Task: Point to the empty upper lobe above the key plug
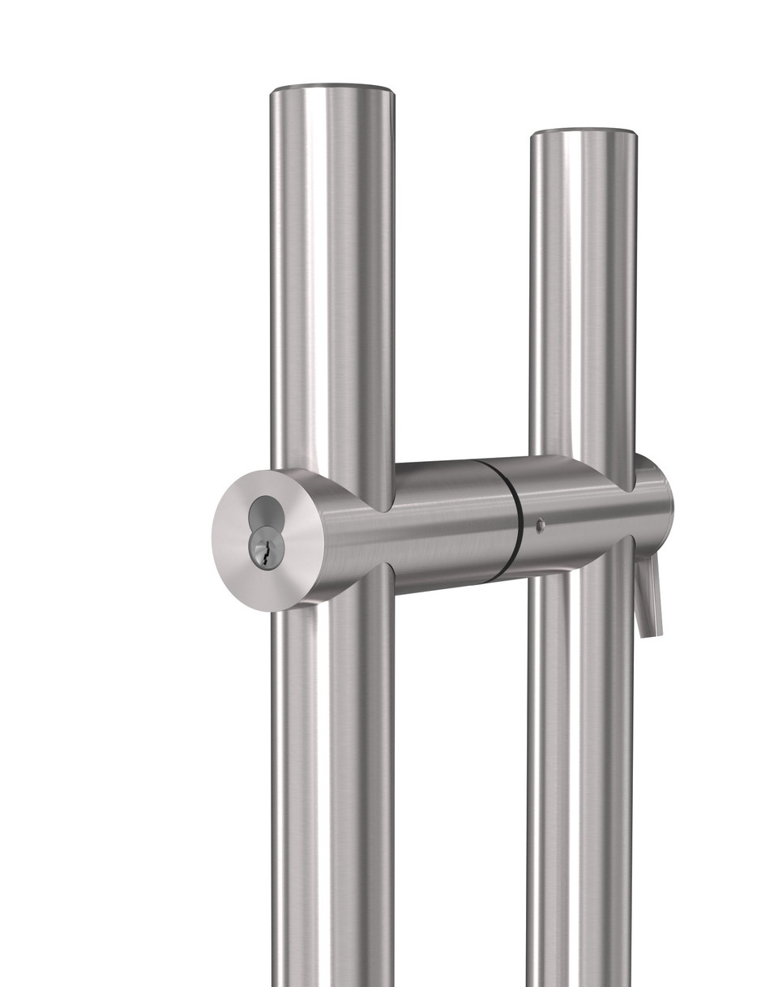pyautogui.click(x=263, y=514)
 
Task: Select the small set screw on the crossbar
pyautogui.click(x=540, y=525)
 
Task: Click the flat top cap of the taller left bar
pyautogui.click(x=332, y=87)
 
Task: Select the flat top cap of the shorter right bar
pyautogui.click(x=583, y=132)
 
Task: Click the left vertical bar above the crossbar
pyautogui.click(x=332, y=284)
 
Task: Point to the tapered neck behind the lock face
pyautogui.click(x=340, y=535)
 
